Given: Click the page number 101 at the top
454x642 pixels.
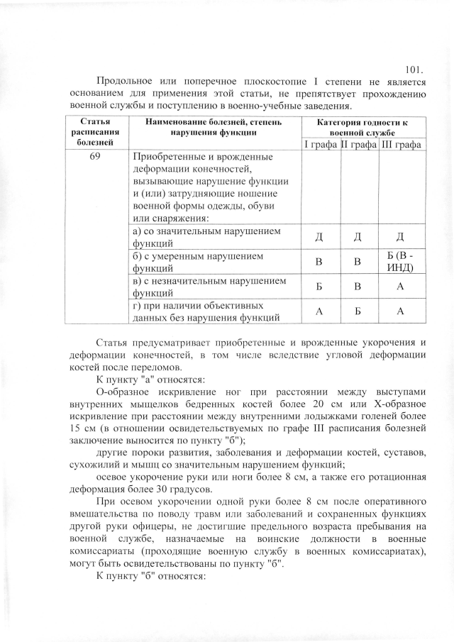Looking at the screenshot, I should tap(414, 70).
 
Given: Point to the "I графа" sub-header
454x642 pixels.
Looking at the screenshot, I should tap(321, 145).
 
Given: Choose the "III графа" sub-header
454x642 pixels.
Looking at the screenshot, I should tap(402, 145).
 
